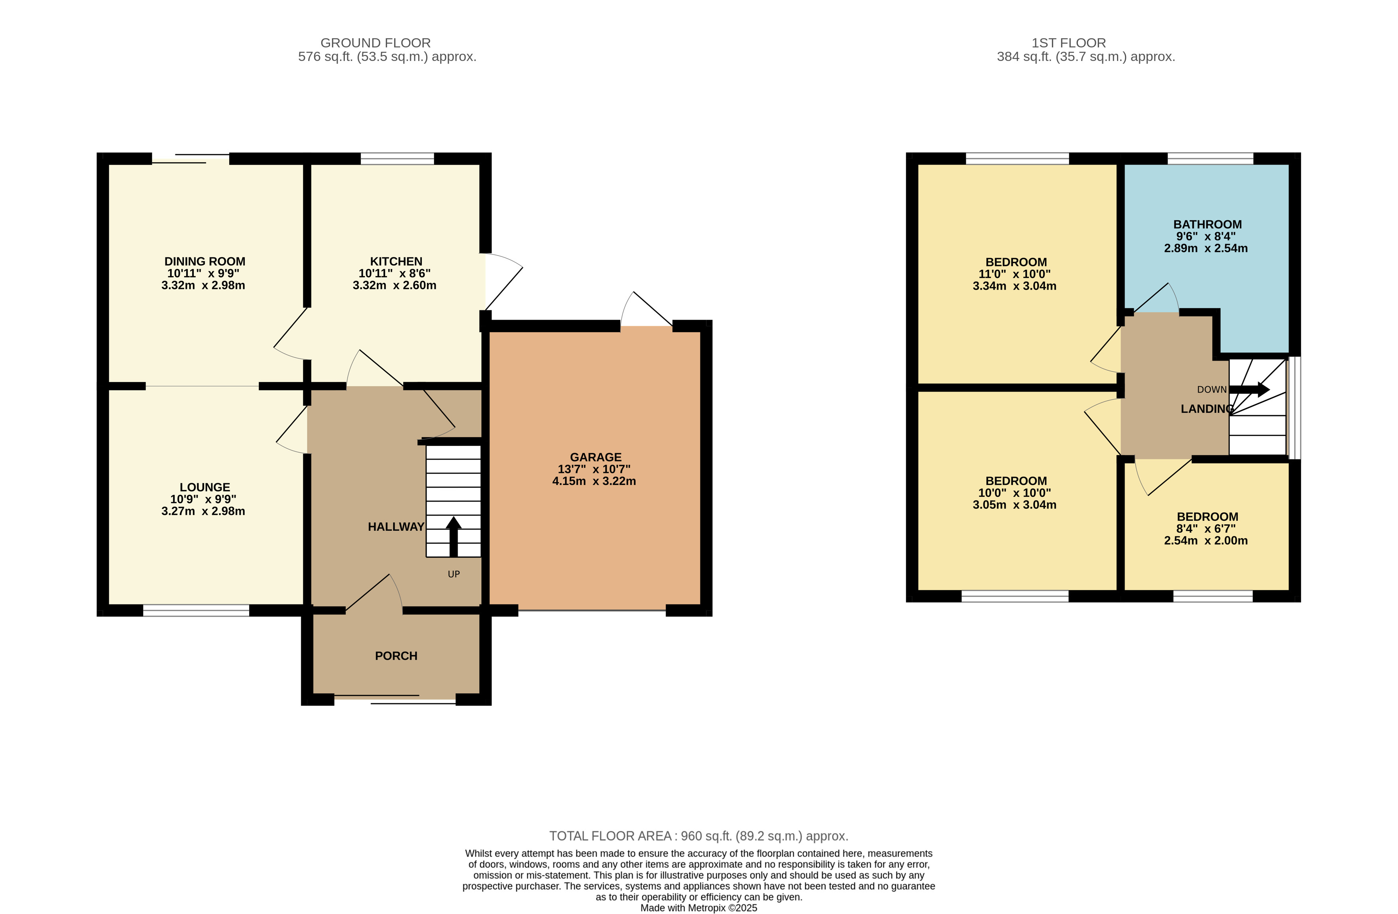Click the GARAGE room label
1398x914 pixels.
(x=595, y=457)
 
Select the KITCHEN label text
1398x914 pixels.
(x=396, y=261)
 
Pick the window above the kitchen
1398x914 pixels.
(x=397, y=159)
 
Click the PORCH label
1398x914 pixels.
(x=396, y=656)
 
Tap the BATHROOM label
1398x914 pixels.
(x=1207, y=224)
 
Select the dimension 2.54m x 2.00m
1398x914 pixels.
(x=1205, y=541)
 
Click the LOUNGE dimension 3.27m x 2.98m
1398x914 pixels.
(x=203, y=511)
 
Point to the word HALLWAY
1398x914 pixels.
(x=395, y=527)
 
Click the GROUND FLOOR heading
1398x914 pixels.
(x=376, y=43)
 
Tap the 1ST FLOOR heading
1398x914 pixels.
(x=1068, y=43)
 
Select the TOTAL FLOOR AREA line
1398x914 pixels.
(x=698, y=836)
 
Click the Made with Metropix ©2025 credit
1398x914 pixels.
(x=698, y=908)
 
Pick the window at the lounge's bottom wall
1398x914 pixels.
(x=196, y=610)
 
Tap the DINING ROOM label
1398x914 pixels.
(x=204, y=261)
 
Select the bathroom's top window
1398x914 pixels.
(x=1210, y=159)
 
